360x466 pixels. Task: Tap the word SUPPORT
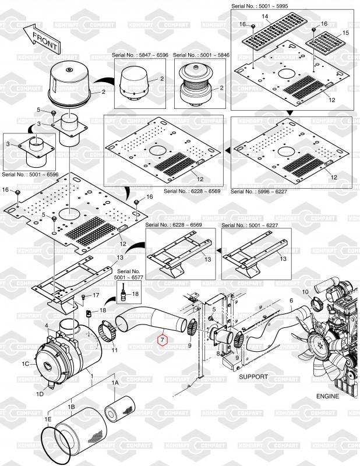(x=253, y=376)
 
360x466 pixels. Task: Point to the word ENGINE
(x=327, y=396)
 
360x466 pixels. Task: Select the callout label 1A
(x=115, y=383)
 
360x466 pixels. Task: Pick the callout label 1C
(x=25, y=364)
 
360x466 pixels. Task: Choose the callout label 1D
(x=40, y=394)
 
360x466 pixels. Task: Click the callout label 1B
(x=71, y=406)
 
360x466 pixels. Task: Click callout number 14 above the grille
(x=265, y=17)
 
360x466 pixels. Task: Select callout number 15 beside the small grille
(x=346, y=34)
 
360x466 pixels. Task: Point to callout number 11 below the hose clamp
(x=115, y=349)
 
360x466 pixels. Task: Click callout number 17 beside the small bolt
(x=96, y=296)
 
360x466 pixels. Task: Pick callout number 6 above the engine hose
(x=291, y=301)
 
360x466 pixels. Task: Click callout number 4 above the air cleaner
(x=46, y=324)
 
